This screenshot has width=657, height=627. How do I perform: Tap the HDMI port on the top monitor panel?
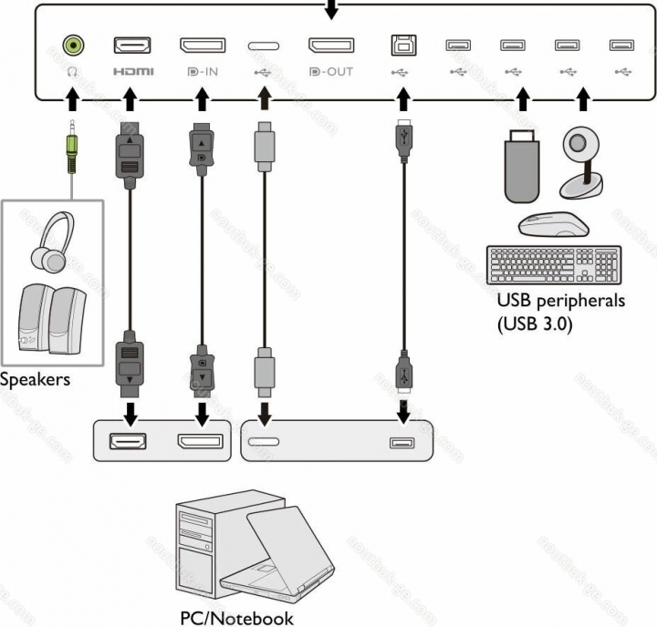pyautogui.click(x=131, y=45)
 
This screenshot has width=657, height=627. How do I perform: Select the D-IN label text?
pyautogui.click(x=203, y=70)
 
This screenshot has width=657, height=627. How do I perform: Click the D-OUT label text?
pyautogui.click(x=330, y=70)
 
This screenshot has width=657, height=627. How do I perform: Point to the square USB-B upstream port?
pyautogui.click(x=400, y=45)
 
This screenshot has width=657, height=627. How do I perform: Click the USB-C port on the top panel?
pyautogui.click(x=264, y=45)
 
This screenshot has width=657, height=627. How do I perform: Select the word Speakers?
pyautogui.click(x=35, y=379)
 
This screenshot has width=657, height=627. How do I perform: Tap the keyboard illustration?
pyautogui.click(x=554, y=265)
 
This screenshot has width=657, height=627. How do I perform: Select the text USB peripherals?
pyautogui.click(x=560, y=302)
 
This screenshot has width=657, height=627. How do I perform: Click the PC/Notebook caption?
pyautogui.click(x=236, y=618)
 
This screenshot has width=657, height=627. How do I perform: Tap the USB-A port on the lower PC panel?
pyautogui.click(x=402, y=443)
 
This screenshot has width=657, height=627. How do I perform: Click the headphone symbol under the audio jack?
pyautogui.click(x=74, y=70)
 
